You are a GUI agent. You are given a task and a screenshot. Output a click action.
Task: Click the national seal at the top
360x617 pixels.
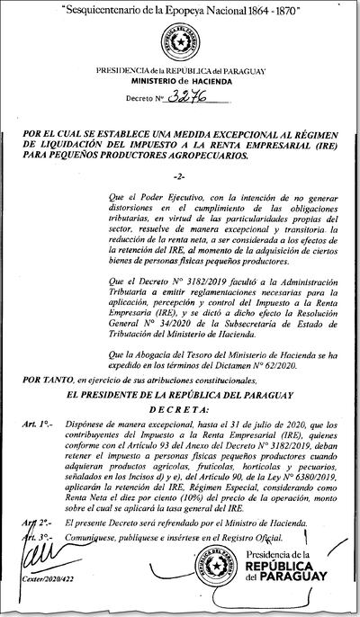[x=179, y=41]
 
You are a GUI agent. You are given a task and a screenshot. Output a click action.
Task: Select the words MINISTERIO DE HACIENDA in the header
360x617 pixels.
[x=180, y=79]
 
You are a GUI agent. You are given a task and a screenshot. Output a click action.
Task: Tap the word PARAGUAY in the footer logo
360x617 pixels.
[x=305, y=597]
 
